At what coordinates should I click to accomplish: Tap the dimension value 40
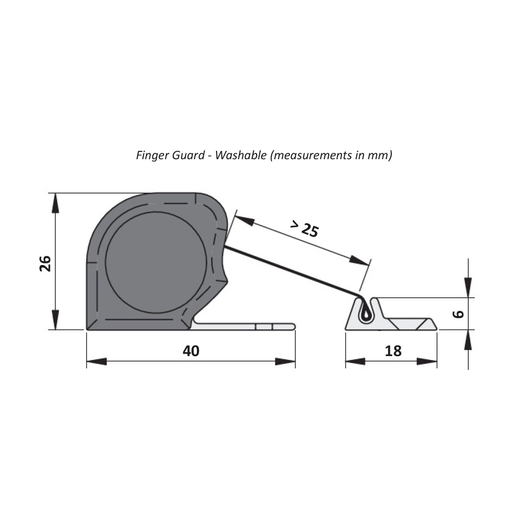coord(191,351)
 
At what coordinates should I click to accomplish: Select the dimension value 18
coord(393,351)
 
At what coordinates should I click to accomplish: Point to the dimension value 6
coord(458,313)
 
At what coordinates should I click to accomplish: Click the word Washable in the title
coord(241,156)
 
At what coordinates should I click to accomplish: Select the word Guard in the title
coord(186,156)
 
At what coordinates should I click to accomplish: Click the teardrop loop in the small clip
coord(365,313)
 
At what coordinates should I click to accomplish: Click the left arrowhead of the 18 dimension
coord(355,362)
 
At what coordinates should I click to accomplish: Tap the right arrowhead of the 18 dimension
coord(427,362)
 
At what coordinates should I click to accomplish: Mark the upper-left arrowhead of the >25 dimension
coord(243,220)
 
